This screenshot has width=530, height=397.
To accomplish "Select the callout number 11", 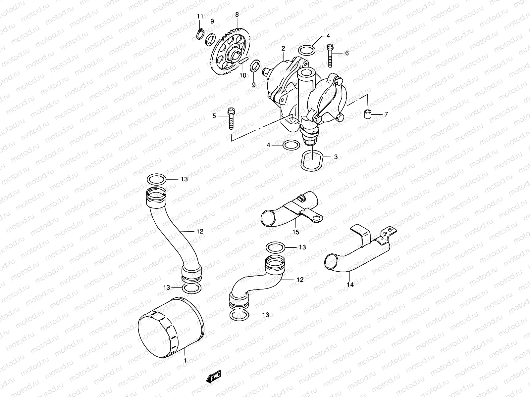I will (199, 17).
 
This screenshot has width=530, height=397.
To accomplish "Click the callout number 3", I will (336, 157).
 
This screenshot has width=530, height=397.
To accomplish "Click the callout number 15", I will (296, 232).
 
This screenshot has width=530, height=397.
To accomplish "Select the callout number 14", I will (350, 285).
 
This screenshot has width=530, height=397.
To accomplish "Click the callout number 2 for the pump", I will (283, 48).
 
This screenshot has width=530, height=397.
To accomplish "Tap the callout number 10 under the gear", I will (243, 75).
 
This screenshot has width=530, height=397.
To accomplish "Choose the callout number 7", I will (386, 115).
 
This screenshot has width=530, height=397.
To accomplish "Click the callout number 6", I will (347, 53).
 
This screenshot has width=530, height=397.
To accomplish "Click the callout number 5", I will (214, 116).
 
